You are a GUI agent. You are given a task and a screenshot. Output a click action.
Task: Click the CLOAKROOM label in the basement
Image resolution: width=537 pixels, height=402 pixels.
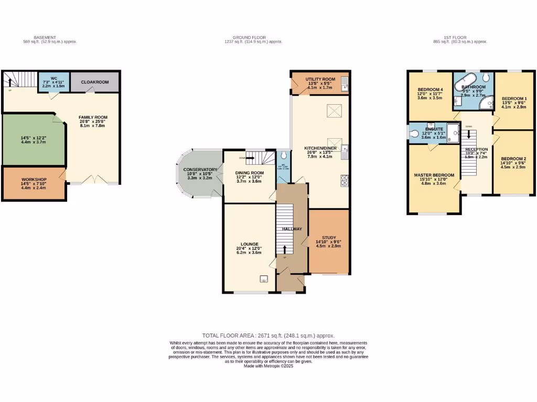pyautogui.click(x=94, y=82)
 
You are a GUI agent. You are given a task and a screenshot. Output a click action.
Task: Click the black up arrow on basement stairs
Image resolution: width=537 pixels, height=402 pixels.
pyautogui.click(x=10, y=82)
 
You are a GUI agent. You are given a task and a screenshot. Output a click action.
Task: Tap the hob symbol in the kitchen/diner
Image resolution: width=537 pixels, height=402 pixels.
pyautogui.click(x=344, y=180)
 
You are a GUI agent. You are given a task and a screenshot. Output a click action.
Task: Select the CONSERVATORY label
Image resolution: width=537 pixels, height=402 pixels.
pyautogui.click(x=200, y=170)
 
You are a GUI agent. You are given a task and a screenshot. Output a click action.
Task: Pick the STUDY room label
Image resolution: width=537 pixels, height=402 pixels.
pyautogui.click(x=328, y=238)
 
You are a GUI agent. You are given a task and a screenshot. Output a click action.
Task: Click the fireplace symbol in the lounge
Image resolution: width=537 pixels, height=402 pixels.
pyautogui.click(x=264, y=278)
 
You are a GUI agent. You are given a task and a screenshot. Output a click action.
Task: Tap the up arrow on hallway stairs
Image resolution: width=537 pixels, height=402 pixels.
pyautogui.click(x=285, y=249)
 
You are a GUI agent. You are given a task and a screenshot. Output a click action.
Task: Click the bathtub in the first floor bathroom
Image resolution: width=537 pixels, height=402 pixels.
pyautogui.click(x=465, y=84)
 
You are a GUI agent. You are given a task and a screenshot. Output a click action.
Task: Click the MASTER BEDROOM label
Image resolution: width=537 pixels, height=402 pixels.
pyautogui.click(x=434, y=175)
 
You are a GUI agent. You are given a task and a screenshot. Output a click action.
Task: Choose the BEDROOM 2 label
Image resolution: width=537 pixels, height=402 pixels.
pyautogui.click(x=514, y=159)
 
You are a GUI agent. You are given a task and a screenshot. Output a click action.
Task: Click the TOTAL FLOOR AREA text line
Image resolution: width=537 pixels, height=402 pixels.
pyautogui.click(x=268, y=336)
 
